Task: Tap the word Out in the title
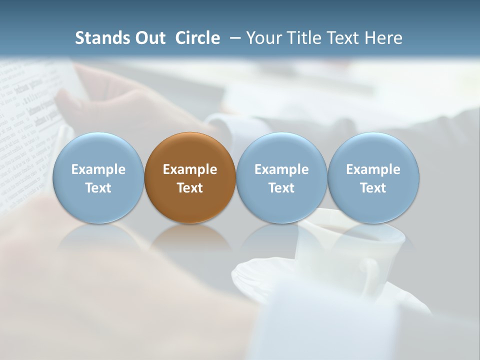pos(149,38)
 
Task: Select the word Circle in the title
pos(197,38)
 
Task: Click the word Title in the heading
pos(302,38)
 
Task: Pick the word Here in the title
pos(384,38)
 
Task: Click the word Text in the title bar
pos(342,38)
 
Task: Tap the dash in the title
pos(234,38)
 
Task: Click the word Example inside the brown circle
pos(190,169)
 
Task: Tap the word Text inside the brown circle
pos(190,188)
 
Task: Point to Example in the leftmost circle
pos(98,169)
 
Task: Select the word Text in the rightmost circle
pos(373,188)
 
